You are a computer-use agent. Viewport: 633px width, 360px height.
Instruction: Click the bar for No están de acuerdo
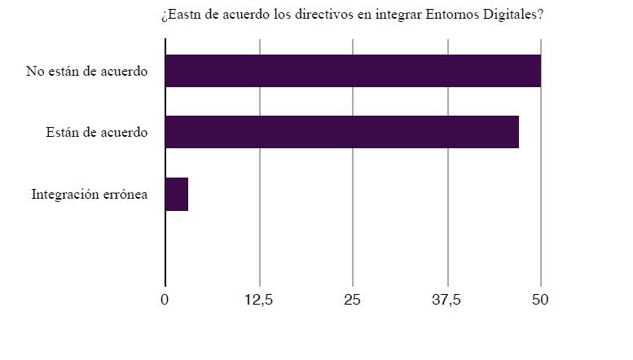[x=353, y=71]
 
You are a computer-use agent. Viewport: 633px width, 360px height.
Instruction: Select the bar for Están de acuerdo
[x=342, y=132]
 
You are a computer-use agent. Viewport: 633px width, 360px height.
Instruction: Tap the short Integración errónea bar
[x=177, y=194]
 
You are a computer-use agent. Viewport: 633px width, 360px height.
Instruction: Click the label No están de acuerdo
[x=86, y=72]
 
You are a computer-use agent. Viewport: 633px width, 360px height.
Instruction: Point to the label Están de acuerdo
[x=97, y=133]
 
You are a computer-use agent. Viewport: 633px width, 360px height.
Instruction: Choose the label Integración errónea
[x=90, y=195]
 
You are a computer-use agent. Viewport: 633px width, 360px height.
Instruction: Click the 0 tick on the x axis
[x=165, y=300]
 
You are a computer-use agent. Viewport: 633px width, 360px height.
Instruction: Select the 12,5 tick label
[x=259, y=300]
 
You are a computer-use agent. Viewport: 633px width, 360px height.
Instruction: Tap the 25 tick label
[x=353, y=300]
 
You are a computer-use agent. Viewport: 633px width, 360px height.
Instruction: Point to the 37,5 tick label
[x=446, y=300]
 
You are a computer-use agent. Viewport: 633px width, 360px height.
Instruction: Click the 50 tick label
[x=540, y=300]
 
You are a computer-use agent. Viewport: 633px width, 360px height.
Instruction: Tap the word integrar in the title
[x=391, y=15]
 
